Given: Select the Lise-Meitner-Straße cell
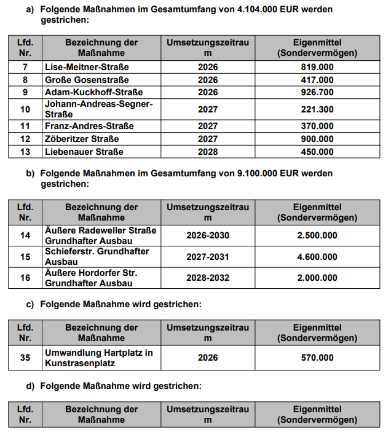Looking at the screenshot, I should coord(87,67).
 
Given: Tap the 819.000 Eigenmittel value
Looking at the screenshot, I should coord(317,67).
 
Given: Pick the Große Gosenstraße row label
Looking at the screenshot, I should coord(85,80).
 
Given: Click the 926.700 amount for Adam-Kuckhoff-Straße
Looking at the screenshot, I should coord(317,92).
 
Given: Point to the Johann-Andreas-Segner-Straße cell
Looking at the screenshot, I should coord(98,109).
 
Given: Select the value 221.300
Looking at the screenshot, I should coord(317,109).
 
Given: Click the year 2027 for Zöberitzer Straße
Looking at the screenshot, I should coord(208,139).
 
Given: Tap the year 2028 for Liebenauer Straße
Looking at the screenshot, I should coord(208,152).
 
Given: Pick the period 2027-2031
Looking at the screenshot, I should coord(208,257).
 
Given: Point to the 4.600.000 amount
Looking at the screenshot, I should coord(317,257).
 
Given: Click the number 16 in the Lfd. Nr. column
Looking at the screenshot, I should coord(25,278).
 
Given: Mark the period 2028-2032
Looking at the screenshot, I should coord(208,278).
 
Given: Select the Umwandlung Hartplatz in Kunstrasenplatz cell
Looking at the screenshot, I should coord(98,358).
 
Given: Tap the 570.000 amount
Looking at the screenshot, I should coord(317,358).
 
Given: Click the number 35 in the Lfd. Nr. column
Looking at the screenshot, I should coord(25,358).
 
